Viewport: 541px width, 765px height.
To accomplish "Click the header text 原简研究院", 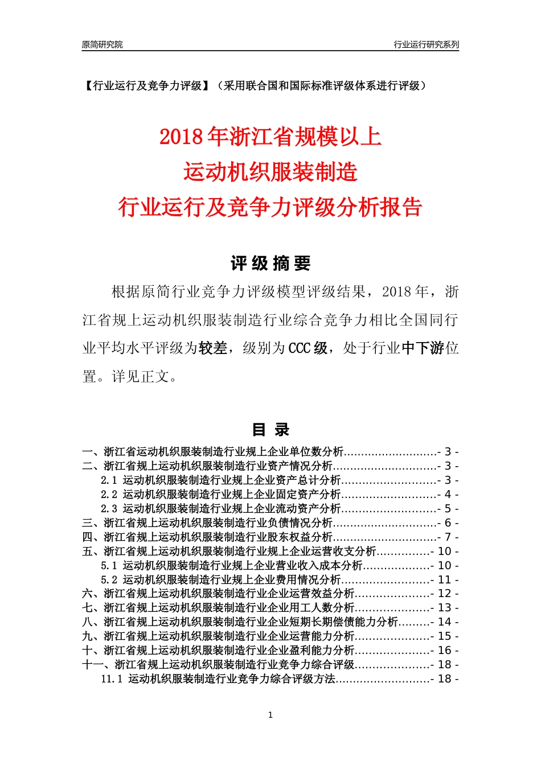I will coord(102,44).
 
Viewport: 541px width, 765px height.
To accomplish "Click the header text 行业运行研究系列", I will coord(426,44).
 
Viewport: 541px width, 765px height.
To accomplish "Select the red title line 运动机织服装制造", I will coord(270,172).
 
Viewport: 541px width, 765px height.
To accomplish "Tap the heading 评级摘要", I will coord(270,264).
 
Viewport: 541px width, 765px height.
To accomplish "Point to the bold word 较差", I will coord(213,348).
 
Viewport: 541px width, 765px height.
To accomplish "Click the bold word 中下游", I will coord(423,348).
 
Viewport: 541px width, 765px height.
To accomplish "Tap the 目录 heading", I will coord(270,430).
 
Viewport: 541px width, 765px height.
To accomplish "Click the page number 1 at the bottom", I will coord(270,715).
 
